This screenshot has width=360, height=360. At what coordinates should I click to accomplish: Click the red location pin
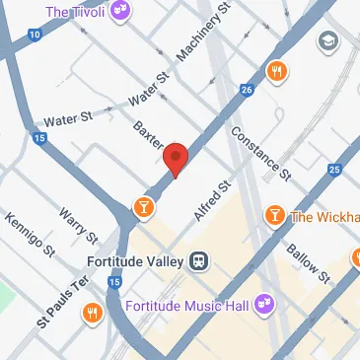pyautogui.click(x=176, y=159)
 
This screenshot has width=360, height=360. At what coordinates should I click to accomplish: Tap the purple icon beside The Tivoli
pyautogui.click(x=121, y=13)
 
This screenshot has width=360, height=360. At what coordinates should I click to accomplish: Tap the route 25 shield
pyautogui.click(x=335, y=172)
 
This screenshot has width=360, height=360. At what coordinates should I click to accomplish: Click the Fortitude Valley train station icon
pyautogui.click(x=199, y=261)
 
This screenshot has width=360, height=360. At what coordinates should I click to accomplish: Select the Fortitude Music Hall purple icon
pyautogui.click(x=263, y=304)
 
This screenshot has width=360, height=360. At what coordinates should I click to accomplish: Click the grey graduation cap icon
pyautogui.click(x=326, y=42)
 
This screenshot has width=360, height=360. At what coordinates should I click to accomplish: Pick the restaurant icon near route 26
pyautogui.click(x=277, y=71)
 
